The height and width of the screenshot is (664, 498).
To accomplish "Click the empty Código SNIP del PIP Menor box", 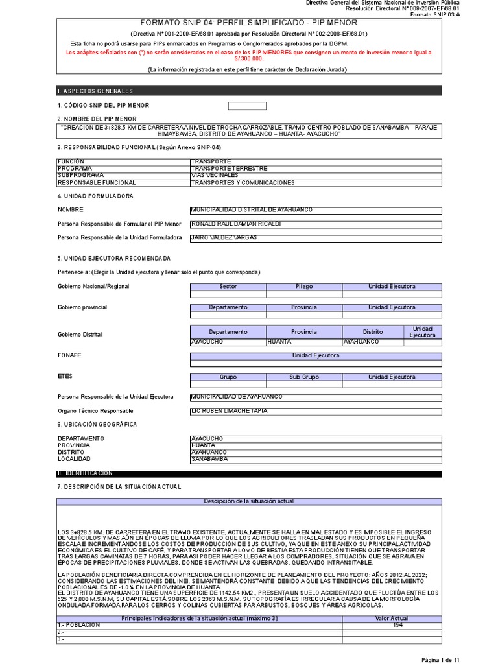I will point(247,106).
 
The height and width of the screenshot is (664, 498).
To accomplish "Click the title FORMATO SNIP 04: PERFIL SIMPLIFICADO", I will point(249,23).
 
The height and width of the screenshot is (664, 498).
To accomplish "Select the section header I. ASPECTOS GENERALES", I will point(95,91).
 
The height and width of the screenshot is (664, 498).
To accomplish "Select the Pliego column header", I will point(304,286).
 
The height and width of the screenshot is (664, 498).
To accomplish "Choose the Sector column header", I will point(228,286).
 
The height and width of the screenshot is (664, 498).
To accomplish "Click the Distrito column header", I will point(373,331).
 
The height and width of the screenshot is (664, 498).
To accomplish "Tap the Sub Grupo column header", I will point(304,377).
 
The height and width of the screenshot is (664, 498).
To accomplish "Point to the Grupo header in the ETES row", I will point(228,377).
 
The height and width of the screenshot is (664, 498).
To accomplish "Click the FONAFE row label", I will point(69,356).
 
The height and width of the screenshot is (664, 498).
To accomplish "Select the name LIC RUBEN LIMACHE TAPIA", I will point(228,411).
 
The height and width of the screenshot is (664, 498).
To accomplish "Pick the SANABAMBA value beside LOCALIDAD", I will point(209,459).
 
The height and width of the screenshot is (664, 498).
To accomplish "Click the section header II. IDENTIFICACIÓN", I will point(85,474).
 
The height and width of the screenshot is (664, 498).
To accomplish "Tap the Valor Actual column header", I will point(392,618).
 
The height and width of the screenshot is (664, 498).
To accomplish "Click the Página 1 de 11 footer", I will point(440,659).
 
